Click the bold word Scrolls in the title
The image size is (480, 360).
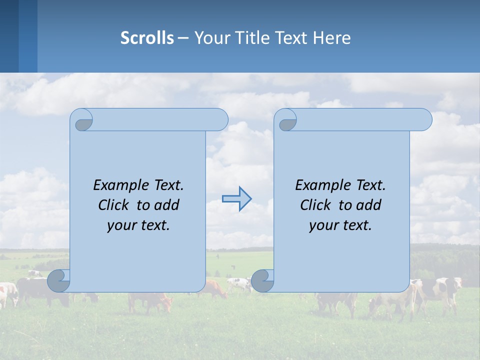point(147,38)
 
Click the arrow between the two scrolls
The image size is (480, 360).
point(236,199)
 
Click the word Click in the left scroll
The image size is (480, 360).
point(115,205)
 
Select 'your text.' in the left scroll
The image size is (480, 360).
point(138,225)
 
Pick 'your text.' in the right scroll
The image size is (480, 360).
point(340,225)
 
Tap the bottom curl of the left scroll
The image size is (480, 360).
point(59,280)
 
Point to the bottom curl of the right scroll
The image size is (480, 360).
point(262,280)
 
